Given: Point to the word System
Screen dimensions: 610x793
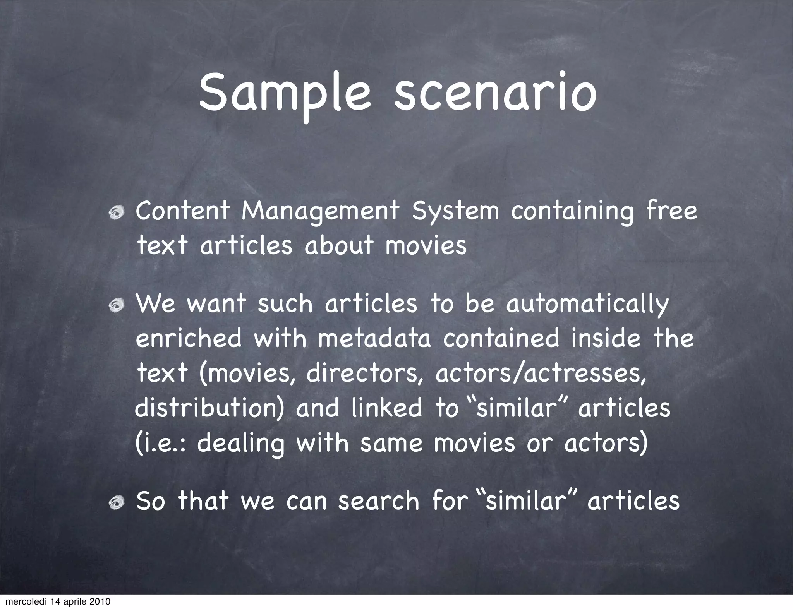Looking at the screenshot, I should [455, 211].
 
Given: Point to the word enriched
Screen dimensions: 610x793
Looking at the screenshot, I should [189, 338].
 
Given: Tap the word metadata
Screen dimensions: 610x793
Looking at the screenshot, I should [374, 338].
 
